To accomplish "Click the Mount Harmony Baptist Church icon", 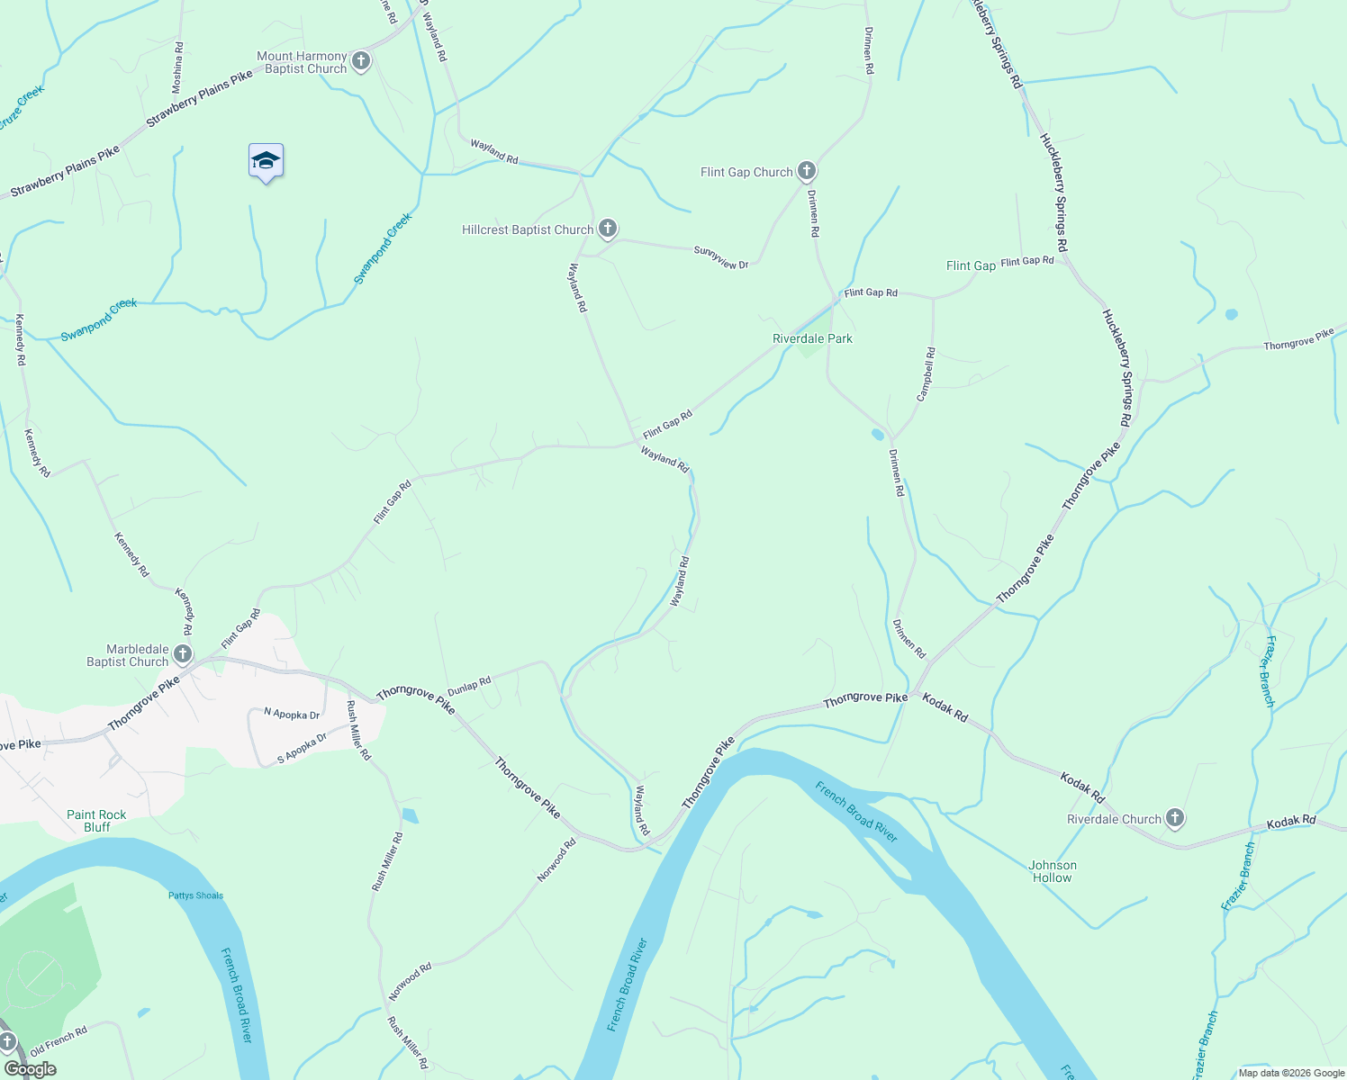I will [x=361, y=61].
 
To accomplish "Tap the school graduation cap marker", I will [x=266, y=161].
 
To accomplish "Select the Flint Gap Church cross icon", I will [x=807, y=171].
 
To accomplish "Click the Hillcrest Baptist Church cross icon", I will [x=608, y=229].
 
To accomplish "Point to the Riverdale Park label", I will [x=812, y=338].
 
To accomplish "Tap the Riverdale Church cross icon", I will [x=1174, y=818].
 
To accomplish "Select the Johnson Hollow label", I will [x=1053, y=871].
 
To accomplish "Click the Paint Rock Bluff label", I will [x=96, y=821].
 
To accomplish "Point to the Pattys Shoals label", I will [x=195, y=895].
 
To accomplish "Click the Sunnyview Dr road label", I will [x=721, y=258].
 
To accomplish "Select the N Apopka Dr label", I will [x=292, y=714].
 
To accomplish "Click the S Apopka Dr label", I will [x=302, y=749].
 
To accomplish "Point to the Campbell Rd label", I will [x=926, y=374].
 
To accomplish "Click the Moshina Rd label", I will [x=177, y=67].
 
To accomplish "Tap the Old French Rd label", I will [x=59, y=1041].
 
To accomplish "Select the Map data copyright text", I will [x=1291, y=1073].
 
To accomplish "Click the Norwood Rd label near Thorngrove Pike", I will [x=556, y=860].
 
